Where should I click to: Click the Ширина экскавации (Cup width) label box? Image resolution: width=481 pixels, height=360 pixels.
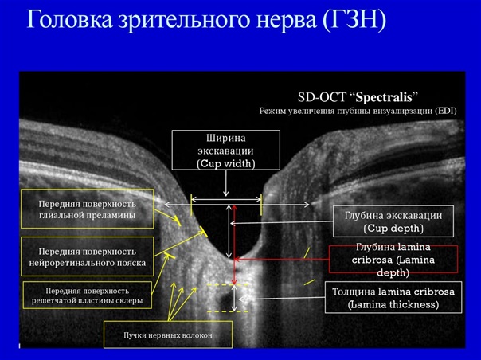point(226,150)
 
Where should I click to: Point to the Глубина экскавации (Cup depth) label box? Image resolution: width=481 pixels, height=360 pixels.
point(393,221)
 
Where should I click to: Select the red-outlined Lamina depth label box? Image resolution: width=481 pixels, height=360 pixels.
point(393,260)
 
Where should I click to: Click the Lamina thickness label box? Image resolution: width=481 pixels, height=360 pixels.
point(393,298)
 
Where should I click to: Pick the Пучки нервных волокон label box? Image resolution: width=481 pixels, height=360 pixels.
point(168,335)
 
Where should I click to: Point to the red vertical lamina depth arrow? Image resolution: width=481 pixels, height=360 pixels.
point(234,244)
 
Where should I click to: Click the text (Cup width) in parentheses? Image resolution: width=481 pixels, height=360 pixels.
point(226,164)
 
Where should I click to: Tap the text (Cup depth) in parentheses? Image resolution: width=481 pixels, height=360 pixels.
point(393,229)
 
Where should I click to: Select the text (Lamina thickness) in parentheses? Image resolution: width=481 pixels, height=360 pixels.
point(393,304)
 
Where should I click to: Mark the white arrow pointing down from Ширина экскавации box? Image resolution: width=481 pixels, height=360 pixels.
point(226,182)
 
